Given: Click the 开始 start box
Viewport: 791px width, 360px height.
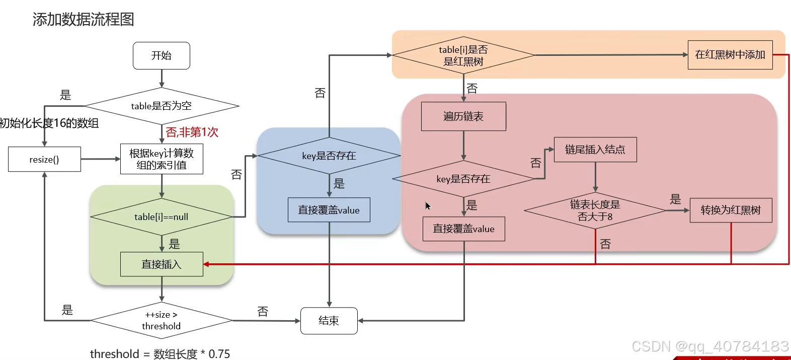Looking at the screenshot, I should tap(162, 55).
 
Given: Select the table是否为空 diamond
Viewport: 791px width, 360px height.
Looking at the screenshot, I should tap(162, 106).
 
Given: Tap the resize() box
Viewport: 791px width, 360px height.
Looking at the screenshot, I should tap(44, 159).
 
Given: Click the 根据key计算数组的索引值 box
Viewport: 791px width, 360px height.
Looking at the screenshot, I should tap(162, 159).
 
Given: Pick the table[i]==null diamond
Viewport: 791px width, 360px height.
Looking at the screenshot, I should tap(162, 217).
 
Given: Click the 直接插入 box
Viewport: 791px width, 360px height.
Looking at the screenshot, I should tap(162, 264).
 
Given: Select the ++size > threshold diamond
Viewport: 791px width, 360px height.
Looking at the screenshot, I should tap(162, 320).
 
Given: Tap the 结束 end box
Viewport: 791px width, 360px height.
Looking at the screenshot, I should tap(329, 321).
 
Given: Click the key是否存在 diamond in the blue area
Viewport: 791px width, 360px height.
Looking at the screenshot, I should tap(329, 156).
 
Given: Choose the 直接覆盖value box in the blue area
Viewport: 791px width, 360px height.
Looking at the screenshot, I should tap(329, 210).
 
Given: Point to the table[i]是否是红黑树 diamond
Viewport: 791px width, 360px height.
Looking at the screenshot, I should tap(463, 55).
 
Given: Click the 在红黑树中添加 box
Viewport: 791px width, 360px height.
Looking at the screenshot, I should tap(730, 55).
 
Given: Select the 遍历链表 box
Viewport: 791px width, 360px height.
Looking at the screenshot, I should tap(463, 116).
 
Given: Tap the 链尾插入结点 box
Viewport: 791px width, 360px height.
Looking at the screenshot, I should tap(595, 150).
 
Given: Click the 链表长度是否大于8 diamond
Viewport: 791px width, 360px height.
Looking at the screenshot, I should tap(595, 210).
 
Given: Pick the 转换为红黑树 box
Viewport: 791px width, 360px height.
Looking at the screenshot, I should tap(731, 210).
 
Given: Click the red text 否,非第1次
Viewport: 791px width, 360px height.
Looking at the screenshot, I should tap(192, 132).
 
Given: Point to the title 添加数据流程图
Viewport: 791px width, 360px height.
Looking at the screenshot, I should tap(84, 19).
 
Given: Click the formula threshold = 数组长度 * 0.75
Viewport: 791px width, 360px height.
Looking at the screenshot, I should tap(160, 353).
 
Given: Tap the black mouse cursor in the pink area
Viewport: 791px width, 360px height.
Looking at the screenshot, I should tap(428, 205).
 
